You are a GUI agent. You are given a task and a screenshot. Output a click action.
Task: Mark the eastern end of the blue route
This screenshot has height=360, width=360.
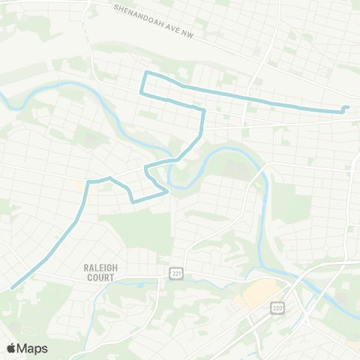tap(347, 107)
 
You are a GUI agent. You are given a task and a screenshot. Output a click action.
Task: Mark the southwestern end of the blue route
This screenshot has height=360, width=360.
tap(12, 288)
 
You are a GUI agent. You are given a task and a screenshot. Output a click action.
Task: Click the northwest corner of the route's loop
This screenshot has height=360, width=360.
tap(145, 73)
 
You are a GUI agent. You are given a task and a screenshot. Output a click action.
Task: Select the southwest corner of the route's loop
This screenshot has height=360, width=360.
tap(141, 92)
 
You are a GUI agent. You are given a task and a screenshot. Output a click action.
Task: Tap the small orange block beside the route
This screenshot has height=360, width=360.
tap(79, 184)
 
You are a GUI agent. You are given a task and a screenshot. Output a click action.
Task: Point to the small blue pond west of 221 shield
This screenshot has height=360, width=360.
tap(140, 286)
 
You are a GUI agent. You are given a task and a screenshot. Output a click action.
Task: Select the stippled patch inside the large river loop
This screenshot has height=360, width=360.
tap(235, 169)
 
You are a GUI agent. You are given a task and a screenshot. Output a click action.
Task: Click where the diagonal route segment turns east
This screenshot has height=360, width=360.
tap(88, 182)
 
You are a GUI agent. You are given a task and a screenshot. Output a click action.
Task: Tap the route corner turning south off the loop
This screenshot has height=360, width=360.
tap(203, 111)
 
